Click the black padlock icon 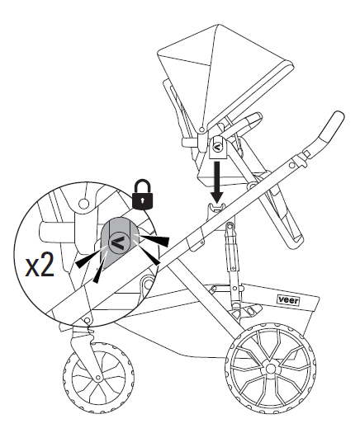(x=142, y=195)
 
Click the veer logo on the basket (x=288, y=299)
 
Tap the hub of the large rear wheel (x=271, y=368)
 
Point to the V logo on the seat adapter (x=218, y=147)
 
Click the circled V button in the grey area (x=119, y=242)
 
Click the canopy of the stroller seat (x=221, y=72)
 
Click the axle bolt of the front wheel (x=98, y=377)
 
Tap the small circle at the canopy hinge (x=202, y=129)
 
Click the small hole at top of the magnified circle (x=83, y=204)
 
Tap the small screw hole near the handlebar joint (x=292, y=166)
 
